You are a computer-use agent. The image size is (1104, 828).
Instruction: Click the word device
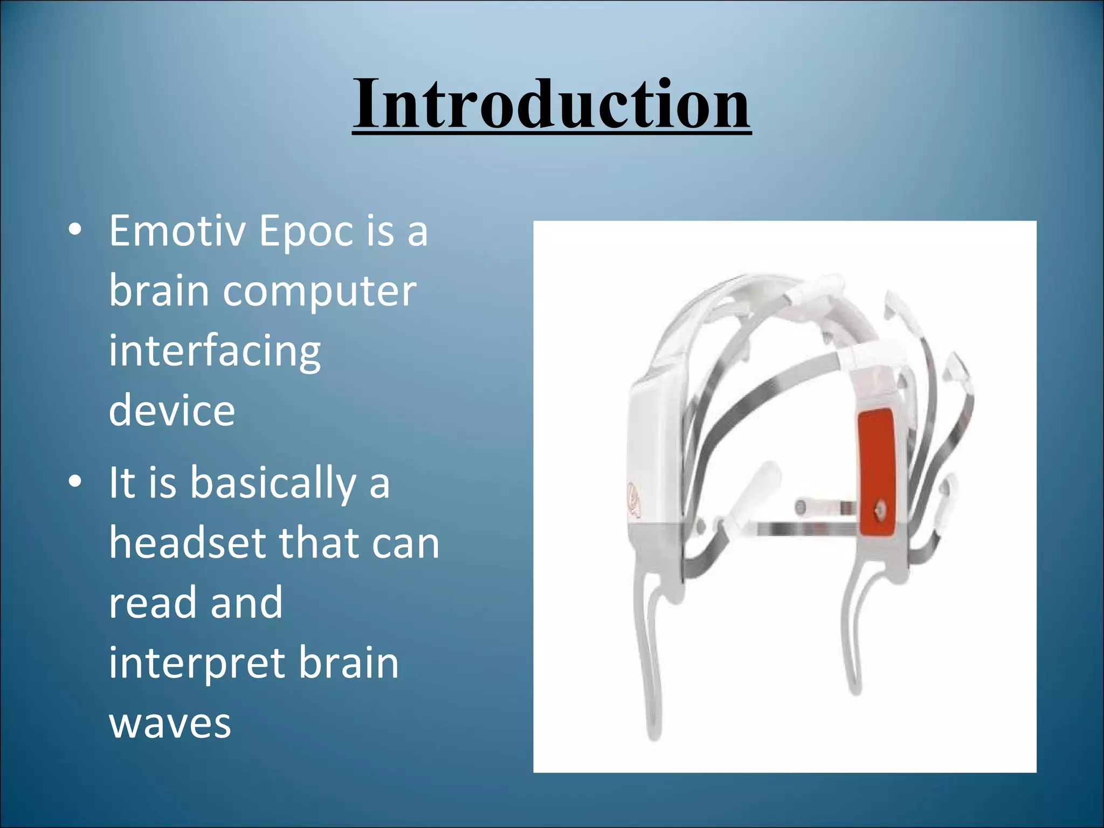(172, 411)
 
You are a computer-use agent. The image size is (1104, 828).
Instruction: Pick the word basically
(272, 484)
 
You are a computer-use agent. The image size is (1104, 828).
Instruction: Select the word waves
(170, 723)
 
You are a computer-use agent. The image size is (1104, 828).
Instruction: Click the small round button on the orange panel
(879, 507)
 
